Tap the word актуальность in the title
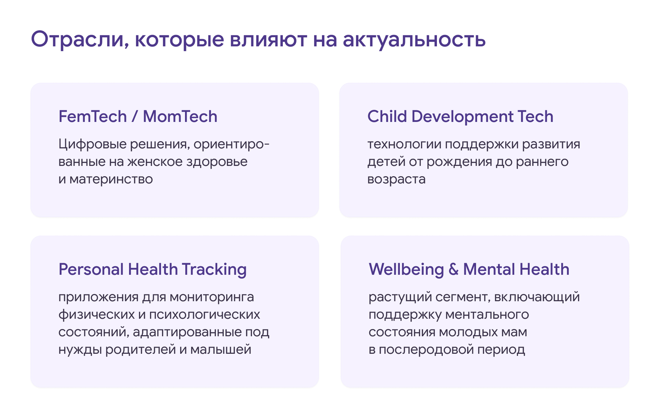click(414, 39)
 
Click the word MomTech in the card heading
click(180, 116)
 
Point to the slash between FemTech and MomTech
click(135, 116)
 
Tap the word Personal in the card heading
click(91, 269)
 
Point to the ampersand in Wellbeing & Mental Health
click(453, 269)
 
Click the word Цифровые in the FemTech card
click(93, 144)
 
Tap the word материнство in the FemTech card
click(111, 179)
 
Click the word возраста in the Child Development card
click(396, 179)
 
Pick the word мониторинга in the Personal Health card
click(212, 297)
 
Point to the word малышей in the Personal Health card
click(221, 350)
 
